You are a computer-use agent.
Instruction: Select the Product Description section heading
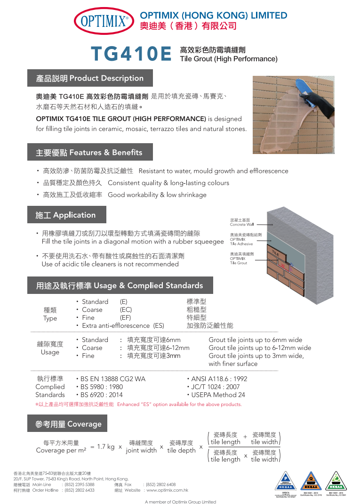[x=89, y=78]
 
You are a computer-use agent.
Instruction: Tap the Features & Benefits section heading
[x=89, y=153]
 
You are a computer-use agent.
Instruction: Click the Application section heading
[x=65, y=215]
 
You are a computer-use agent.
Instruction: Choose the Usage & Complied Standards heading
[x=120, y=285]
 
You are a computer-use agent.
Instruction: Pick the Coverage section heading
[x=68, y=424]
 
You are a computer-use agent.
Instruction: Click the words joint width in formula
[x=141, y=450]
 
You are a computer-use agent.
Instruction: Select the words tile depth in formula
[x=181, y=450]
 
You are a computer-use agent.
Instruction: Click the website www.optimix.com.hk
[x=168, y=490]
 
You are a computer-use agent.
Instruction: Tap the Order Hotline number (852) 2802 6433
[x=80, y=490]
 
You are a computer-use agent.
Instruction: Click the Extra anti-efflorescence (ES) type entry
[x=123, y=325]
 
